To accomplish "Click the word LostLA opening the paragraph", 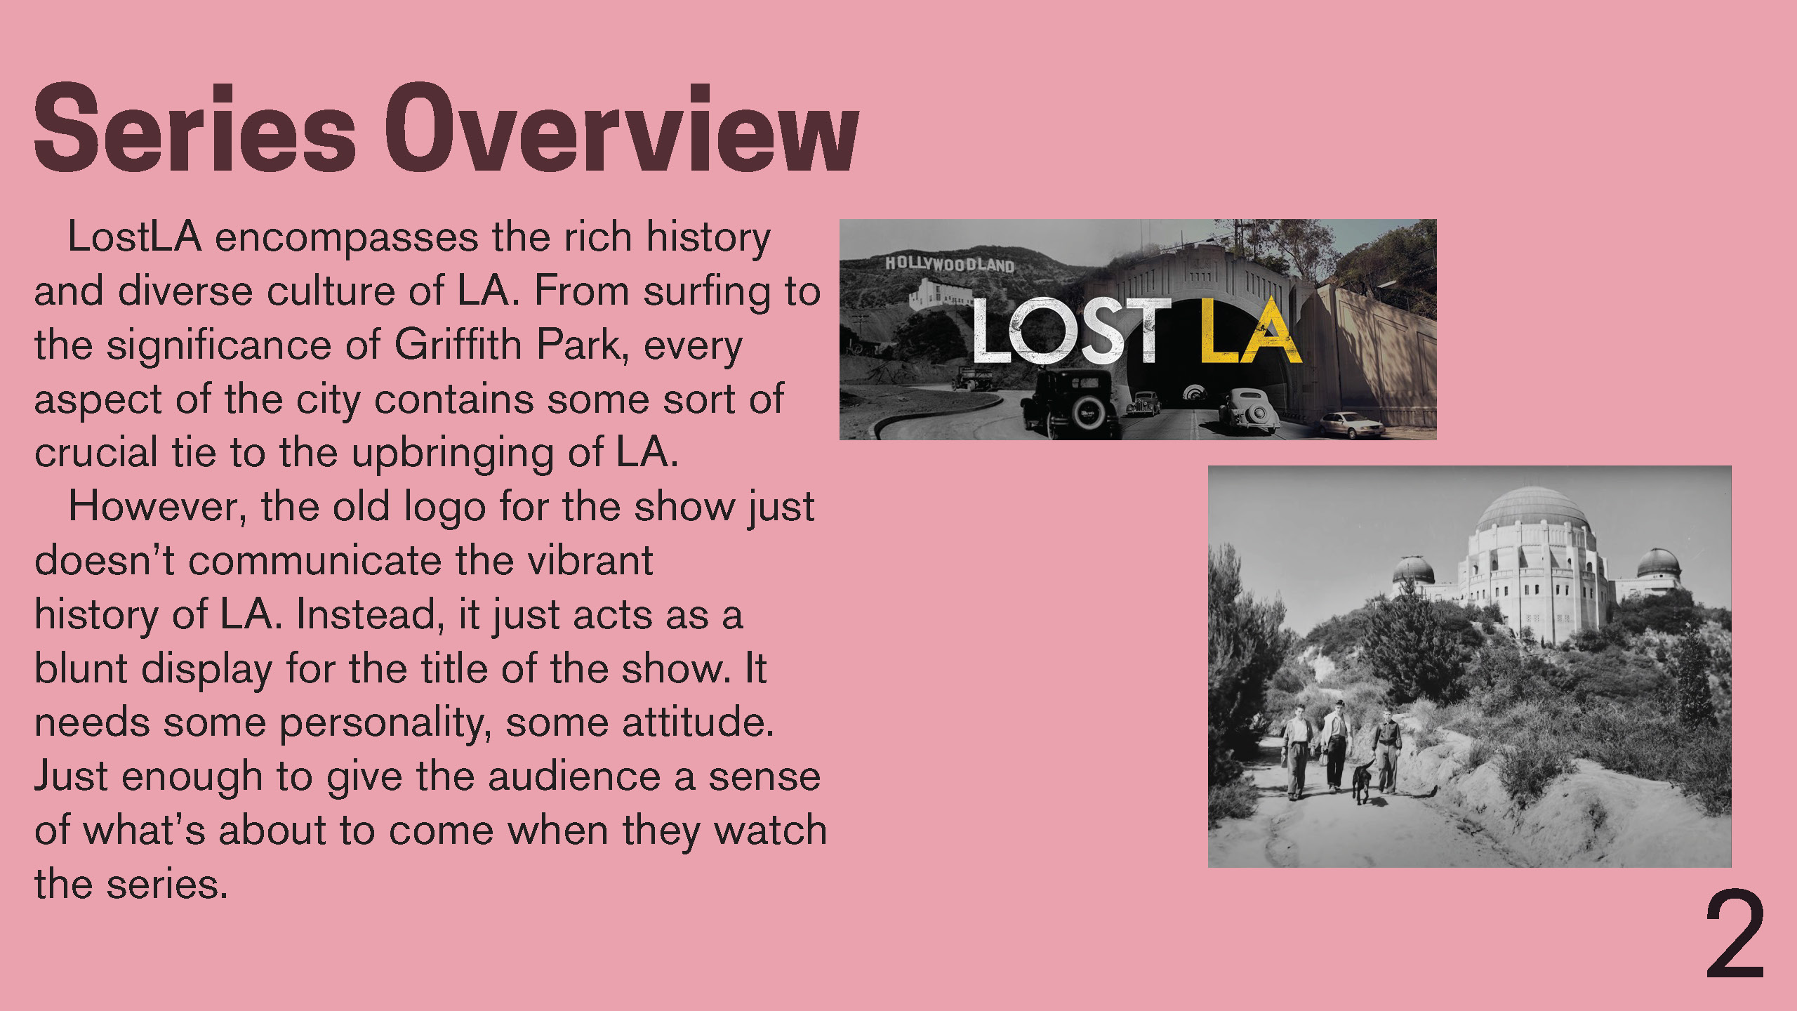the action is click(x=135, y=237).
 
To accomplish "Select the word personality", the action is click(x=385, y=723).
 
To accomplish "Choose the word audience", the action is click(x=574, y=777).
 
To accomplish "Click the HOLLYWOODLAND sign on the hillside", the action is click(x=949, y=264).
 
